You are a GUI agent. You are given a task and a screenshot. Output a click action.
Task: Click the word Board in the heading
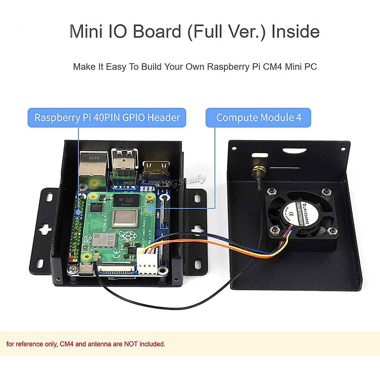[x=157, y=32]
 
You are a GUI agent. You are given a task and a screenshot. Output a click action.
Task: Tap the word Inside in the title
[x=295, y=32]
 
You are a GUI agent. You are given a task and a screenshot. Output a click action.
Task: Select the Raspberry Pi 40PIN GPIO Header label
[x=107, y=117]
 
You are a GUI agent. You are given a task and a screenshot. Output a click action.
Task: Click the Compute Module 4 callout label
[x=258, y=117]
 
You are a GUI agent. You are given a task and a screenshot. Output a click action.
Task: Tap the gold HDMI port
[x=156, y=169]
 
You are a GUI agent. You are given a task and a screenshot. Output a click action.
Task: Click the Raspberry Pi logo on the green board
[x=126, y=236]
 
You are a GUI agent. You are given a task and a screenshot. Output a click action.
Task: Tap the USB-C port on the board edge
[x=86, y=269]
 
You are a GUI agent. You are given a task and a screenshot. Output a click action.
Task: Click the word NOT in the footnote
[x=131, y=344]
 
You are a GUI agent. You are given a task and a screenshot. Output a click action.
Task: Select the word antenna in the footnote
[x=99, y=344]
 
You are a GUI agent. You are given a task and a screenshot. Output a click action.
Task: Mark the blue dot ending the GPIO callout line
[x=79, y=210]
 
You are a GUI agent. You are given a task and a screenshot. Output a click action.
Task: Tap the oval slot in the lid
[x=294, y=151]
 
